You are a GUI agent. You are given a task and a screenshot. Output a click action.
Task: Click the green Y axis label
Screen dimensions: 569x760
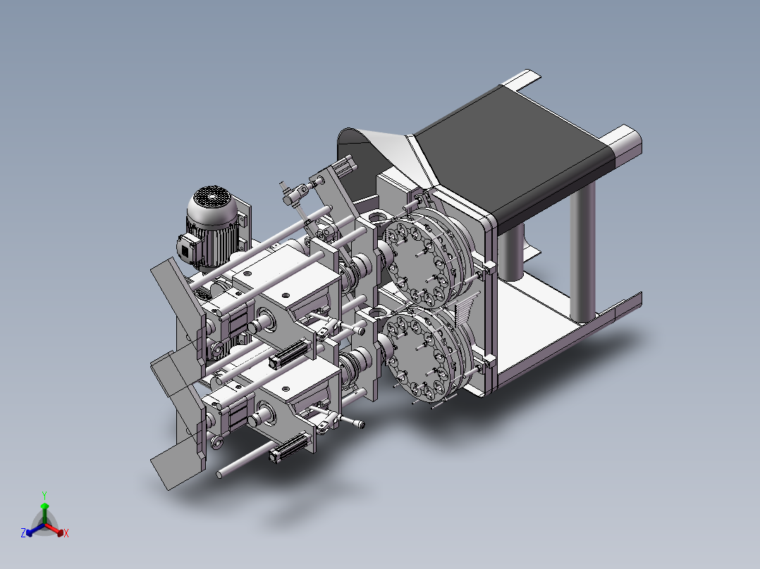coord(44,495)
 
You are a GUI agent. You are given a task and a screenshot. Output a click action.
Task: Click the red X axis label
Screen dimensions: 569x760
coord(66,534)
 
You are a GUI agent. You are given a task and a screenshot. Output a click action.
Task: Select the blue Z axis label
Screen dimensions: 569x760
coord(23,534)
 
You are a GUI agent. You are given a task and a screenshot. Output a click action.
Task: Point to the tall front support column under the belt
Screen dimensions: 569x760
coord(583,254)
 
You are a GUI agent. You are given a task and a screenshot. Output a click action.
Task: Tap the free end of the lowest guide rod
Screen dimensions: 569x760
coord(221,474)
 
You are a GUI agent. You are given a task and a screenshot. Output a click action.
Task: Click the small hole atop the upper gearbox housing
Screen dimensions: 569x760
coord(286,296)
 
